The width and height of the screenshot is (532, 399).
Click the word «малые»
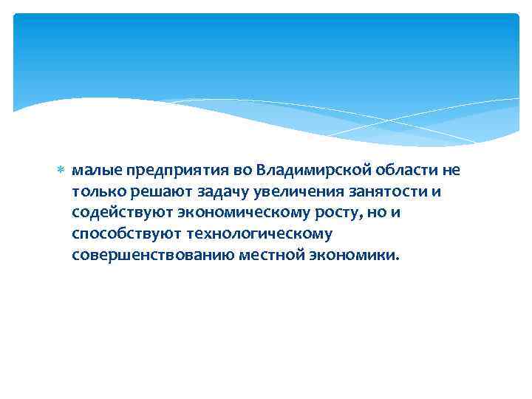(x=94, y=171)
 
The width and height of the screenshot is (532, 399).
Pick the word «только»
(x=97, y=192)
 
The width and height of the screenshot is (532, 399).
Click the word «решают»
(x=156, y=192)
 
